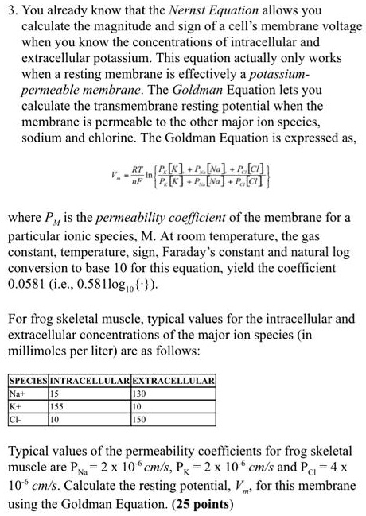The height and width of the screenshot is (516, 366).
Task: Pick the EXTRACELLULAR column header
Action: tap(173, 381)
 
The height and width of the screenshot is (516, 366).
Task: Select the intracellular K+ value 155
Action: tap(58, 404)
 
